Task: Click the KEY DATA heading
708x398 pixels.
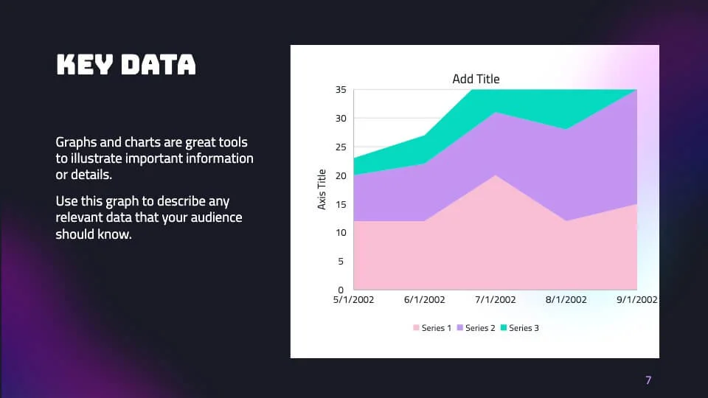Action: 126,65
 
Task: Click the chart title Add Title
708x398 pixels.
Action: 476,79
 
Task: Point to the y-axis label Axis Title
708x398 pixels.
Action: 322,189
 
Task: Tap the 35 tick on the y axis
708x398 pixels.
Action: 341,90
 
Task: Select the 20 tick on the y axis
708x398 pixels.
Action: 341,175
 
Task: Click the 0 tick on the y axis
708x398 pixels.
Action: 341,290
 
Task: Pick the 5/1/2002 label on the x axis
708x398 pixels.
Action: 354,300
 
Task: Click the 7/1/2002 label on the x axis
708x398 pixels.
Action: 495,300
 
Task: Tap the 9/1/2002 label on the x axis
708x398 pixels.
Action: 636,300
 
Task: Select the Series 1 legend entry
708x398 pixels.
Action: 432,328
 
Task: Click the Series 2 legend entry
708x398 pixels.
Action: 476,328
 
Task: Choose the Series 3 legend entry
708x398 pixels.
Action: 519,328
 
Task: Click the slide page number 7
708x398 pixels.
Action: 648,380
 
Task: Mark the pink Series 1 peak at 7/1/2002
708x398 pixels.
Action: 495,176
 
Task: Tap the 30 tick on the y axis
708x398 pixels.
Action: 341,119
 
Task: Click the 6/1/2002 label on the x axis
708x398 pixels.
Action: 424,300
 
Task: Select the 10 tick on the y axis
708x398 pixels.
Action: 341,233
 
